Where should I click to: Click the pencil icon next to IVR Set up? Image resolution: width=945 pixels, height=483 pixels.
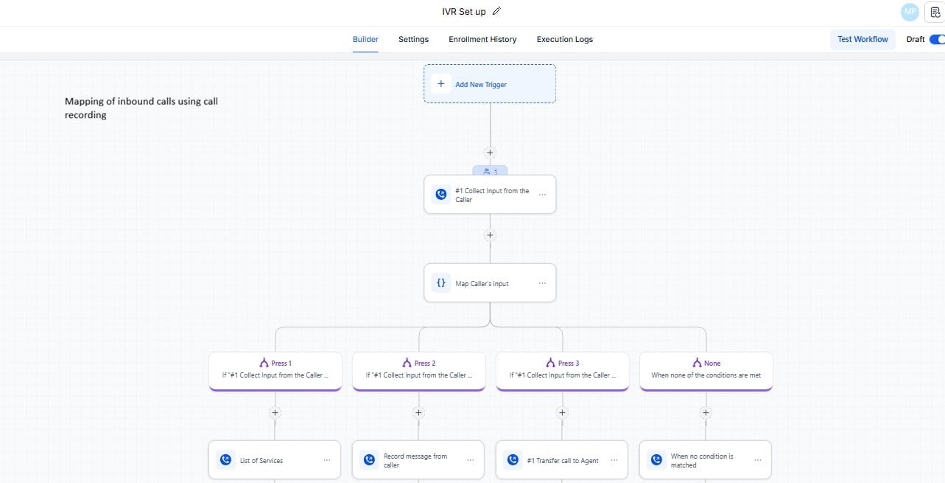496,11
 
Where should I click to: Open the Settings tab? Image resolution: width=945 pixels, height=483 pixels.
413,39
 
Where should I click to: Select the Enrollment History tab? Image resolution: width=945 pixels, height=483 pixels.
482,39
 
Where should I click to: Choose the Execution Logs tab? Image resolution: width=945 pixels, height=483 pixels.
564,39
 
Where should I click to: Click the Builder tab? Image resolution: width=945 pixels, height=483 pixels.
365,39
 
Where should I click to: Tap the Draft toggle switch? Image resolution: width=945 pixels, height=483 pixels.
936,39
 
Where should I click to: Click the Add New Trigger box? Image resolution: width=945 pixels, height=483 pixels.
490,84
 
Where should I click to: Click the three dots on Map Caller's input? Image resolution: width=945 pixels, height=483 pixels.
542,283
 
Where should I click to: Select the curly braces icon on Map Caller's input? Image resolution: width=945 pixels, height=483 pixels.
440,283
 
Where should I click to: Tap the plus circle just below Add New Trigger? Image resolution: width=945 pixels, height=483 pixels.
490,153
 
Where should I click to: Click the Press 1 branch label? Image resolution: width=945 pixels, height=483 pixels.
275,363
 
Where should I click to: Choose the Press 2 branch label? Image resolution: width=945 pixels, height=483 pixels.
418,363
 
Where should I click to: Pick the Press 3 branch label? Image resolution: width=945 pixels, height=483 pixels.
562,363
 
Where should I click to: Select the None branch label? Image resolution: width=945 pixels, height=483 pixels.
706,363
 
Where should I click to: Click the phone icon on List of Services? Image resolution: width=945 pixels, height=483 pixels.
225,460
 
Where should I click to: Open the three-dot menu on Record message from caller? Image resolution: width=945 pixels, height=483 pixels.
470,460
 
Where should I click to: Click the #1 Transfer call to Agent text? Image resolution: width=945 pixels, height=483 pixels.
563,461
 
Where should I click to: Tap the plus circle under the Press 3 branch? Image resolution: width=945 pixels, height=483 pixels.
562,413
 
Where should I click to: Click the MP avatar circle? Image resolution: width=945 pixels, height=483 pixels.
910,12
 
